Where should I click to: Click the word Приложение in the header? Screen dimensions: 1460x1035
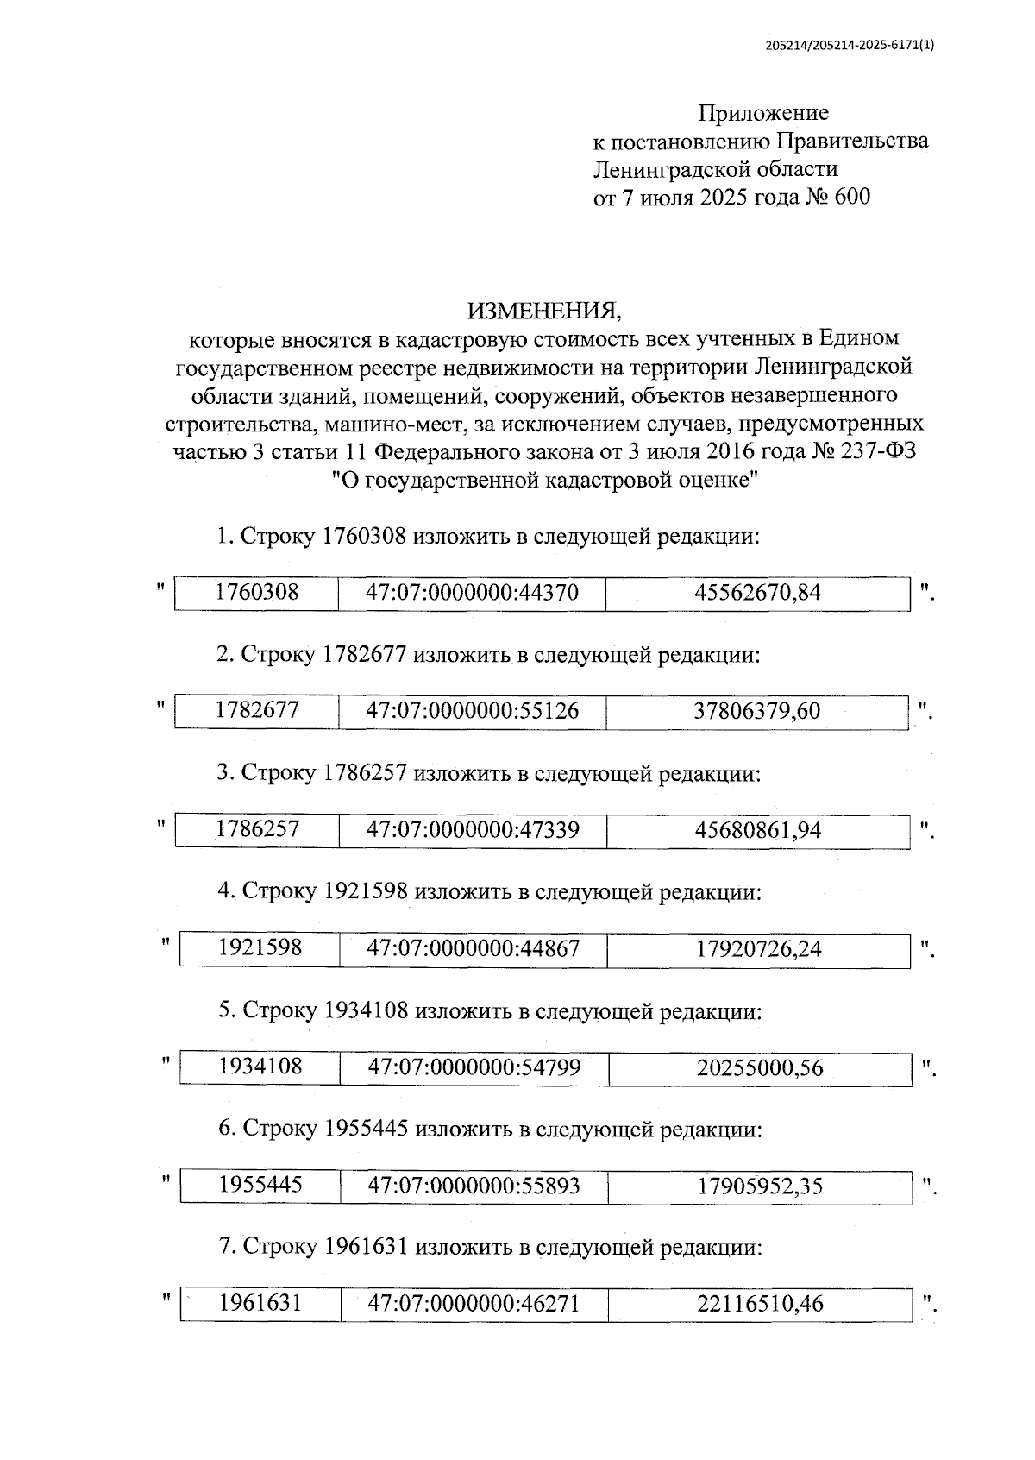763,113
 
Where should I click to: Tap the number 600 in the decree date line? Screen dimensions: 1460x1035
852,198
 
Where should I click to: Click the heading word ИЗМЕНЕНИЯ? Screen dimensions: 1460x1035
543,309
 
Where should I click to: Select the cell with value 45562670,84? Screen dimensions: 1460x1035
757,593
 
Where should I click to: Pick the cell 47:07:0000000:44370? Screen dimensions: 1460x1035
472,593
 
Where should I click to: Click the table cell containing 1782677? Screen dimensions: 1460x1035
257,711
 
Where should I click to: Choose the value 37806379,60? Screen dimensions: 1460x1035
757,712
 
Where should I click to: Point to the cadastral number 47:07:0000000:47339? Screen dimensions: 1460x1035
473,830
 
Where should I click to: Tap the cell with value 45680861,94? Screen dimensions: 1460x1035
758,831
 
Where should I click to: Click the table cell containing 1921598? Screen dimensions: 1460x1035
260,948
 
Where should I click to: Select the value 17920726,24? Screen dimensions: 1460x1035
759,949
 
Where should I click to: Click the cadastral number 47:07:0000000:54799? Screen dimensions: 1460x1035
474,1067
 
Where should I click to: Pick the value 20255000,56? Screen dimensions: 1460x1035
760,1068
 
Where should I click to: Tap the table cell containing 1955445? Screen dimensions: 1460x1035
260,1185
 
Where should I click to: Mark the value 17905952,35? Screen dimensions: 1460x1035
760,1186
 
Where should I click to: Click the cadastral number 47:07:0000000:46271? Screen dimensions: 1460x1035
474,1303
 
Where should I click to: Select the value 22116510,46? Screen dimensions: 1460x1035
760,1304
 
